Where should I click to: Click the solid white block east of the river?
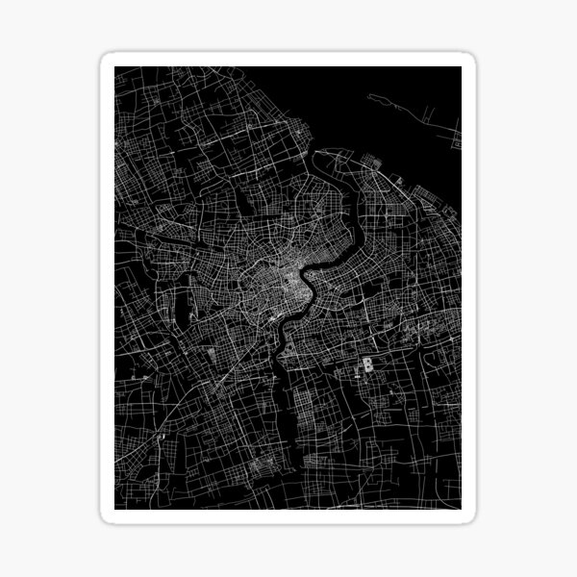[x=367, y=364]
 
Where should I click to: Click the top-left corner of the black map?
[x=115, y=68]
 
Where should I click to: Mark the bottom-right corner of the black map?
[x=461, y=509]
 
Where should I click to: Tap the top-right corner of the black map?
[x=461, y=68]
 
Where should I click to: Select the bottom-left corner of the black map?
[x=115, y=509]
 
